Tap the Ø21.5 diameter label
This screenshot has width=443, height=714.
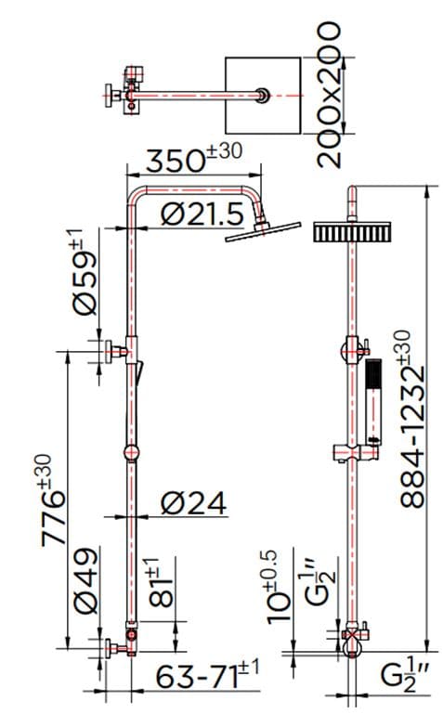pos(202,214)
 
